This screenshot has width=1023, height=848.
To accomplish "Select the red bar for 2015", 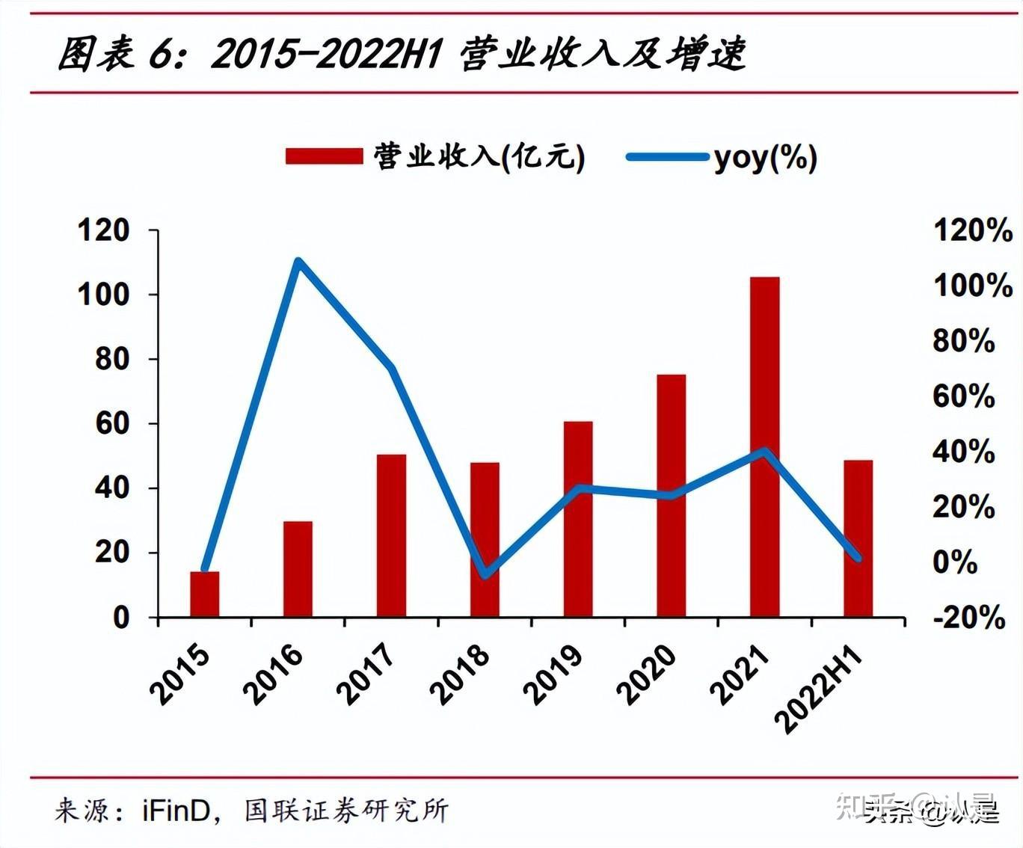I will pos(204,594).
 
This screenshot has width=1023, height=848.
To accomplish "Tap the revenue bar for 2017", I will pos(391,535).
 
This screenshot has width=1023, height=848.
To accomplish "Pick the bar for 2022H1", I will pos(858,538).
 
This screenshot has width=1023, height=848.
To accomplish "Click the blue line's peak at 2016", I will pos(298,262).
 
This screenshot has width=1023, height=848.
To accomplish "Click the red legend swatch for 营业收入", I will pos(323,156).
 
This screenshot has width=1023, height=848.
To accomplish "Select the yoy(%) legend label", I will pos(765,157).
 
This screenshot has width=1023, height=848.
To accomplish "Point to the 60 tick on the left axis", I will pos(111,424).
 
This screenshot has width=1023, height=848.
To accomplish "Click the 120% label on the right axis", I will pos(972,230).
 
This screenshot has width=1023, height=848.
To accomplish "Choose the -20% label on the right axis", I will pos(968,618).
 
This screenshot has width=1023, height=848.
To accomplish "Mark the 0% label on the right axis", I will pos(955,562).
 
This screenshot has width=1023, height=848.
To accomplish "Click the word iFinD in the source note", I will pos(177,811).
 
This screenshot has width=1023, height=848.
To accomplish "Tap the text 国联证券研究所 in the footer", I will pos(346,811).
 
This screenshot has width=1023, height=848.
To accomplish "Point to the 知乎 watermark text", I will pos(867,806).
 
